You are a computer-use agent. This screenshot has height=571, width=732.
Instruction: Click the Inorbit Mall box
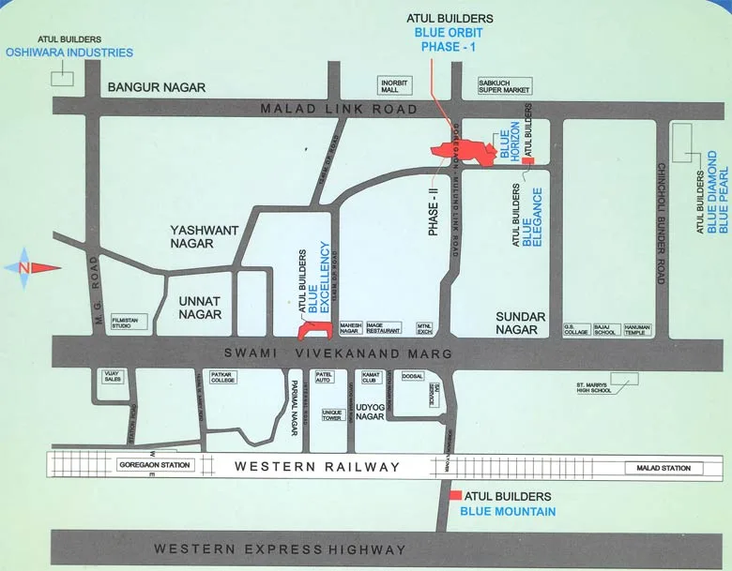[x=395, y=85]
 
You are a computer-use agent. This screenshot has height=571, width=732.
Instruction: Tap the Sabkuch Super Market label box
[x=505, y=85]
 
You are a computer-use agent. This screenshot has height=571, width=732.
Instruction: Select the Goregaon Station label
[x=155, y=465]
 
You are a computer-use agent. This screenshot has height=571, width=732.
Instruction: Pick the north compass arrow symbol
[x=33, y=268]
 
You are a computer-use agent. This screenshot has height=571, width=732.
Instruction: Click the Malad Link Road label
[x=339, y=110]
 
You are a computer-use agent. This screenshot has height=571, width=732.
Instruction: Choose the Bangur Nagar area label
[x=156, y=87]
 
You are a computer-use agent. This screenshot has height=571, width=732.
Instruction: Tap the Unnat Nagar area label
[x=199, y=308]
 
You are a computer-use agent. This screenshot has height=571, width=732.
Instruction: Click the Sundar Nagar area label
[x=520, y=323]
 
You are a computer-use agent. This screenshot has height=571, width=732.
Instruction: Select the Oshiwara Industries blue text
[x=70, y=53]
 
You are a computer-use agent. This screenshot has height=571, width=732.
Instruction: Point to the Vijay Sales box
[x=113, y=377]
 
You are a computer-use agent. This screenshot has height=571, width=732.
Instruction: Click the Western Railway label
[x=317, y=466]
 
